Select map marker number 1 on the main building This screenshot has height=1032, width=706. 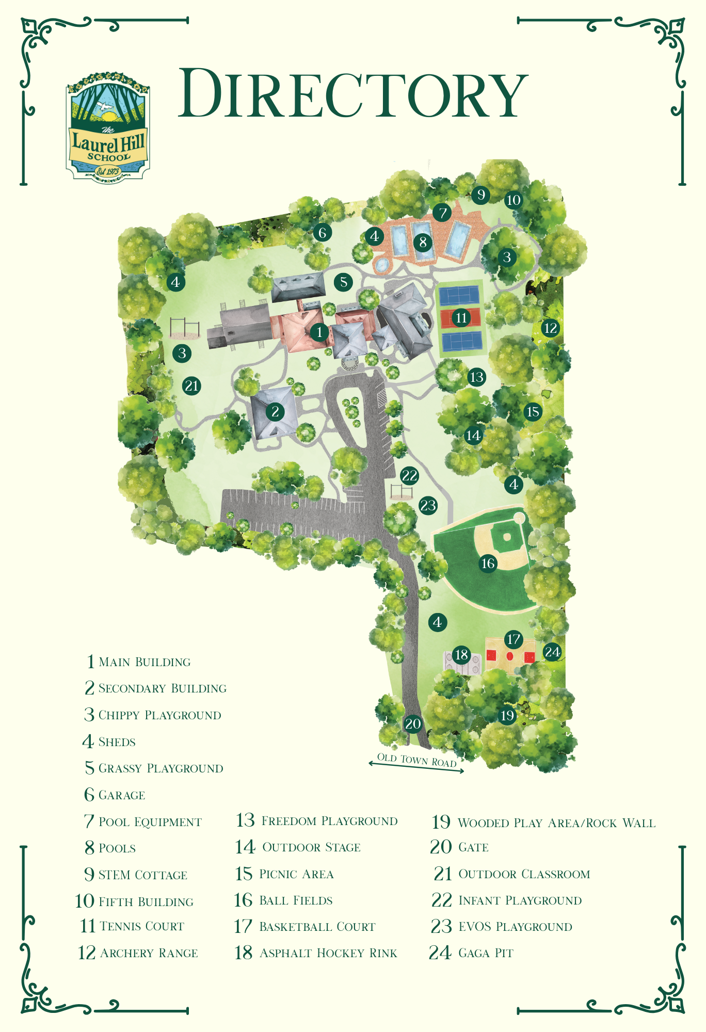(x=319, y=332)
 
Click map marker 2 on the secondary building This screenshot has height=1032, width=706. (x=275, y=411)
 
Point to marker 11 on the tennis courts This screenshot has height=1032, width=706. (x=461, y=317)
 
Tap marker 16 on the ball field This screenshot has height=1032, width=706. (x=488, y=563)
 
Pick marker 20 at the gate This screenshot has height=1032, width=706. (x=413, y=723)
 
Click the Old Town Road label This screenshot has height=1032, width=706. (x=416, y=760)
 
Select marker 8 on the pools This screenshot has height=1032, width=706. (x=423, y=241)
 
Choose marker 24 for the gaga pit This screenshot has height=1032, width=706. (x=552, y=652)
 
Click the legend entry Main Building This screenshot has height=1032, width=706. (x=145, y=662)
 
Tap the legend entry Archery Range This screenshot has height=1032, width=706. (x=149, y=953)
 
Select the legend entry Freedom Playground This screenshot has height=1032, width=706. (x=329, y=821)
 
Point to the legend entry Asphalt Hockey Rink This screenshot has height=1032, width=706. (x=328, y=953)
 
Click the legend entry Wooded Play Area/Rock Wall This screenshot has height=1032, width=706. (x=556, y=823)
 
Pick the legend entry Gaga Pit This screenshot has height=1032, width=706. (x=486, y=953)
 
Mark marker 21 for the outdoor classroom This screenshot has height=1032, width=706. (x=191, y=385)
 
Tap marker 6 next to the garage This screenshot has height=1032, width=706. (x=323, y=233)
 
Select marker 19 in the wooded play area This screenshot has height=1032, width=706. (x=507, y=715)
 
